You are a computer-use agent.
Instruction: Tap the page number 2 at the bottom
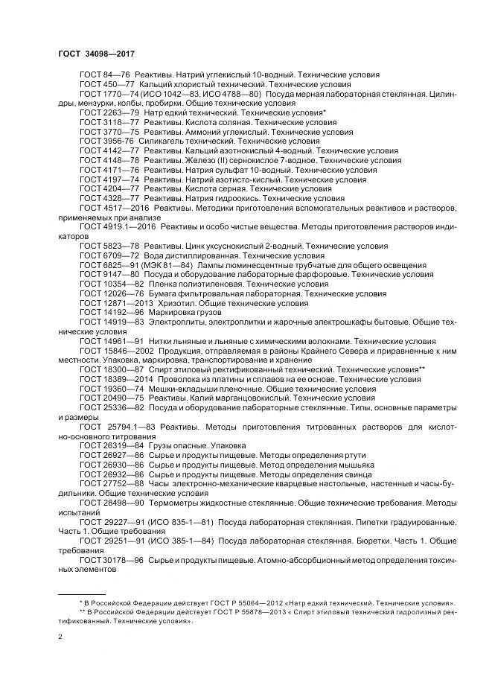point(60,637)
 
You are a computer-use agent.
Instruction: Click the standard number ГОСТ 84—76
point(104,75)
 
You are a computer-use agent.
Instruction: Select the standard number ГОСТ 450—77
point(106,85)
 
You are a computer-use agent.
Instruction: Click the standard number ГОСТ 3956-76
point(106,141)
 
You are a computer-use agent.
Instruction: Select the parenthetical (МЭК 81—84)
point(170,265)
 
